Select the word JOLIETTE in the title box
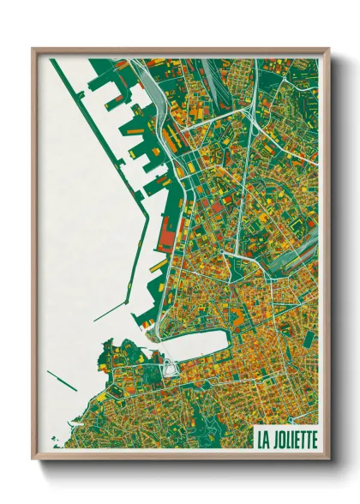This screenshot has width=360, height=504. [294, 440]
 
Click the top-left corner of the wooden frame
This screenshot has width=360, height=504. [33, 50]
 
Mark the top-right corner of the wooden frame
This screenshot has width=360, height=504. [327, 50]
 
